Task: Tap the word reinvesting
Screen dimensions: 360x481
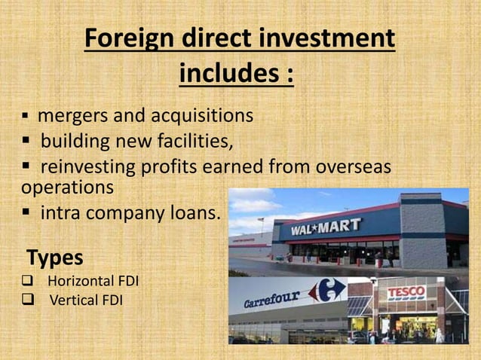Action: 90,166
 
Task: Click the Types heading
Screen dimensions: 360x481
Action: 55,258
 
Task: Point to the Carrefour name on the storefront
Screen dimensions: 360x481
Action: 273,298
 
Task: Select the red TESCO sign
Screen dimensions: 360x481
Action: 407,291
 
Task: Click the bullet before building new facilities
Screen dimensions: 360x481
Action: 27,142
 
